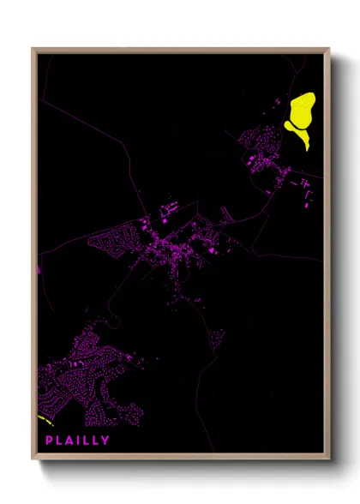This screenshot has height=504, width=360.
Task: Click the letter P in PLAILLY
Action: point(50,441)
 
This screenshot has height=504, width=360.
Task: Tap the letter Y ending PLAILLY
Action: point(105,441)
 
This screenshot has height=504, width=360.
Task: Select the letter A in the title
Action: point(70,441)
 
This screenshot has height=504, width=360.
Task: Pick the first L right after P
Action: point(60,441)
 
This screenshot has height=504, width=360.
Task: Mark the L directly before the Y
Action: point(95,441)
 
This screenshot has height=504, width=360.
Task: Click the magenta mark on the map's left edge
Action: point(39,268)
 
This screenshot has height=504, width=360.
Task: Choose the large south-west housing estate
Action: point(86,377)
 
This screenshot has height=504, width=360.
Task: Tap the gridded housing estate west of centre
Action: point(116,236)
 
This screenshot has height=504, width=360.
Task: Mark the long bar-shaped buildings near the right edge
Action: point(306,193)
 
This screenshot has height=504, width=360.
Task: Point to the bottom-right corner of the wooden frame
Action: point(328,458)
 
